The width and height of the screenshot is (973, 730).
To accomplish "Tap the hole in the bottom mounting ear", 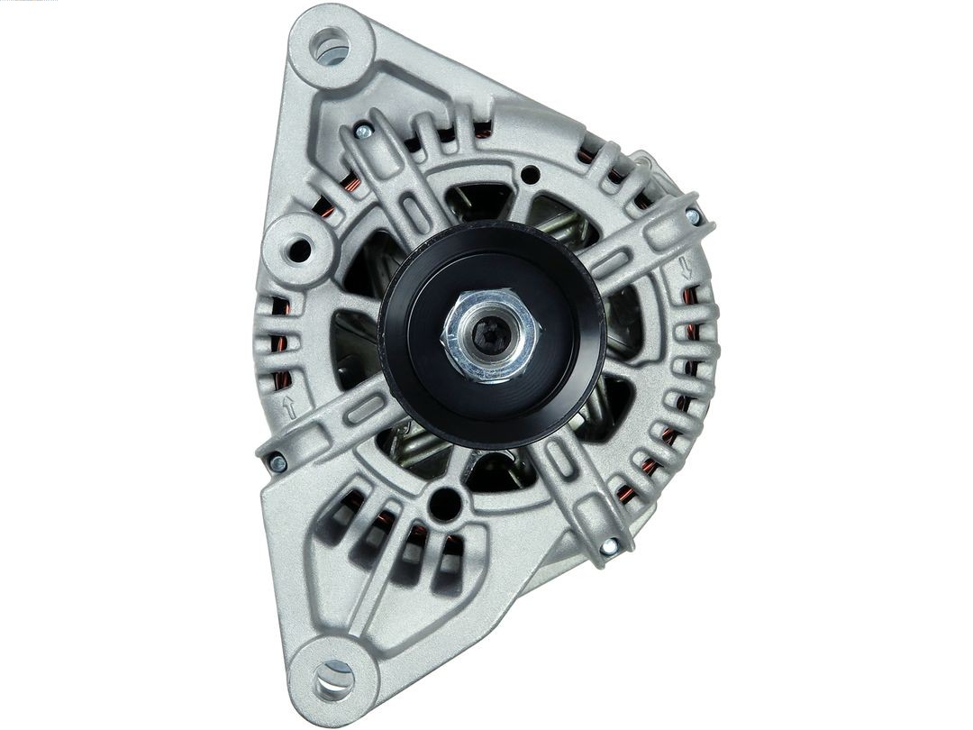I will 334,678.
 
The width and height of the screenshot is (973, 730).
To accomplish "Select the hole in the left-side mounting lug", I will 298,248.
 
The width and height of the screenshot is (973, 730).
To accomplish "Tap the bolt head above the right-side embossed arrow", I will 692,216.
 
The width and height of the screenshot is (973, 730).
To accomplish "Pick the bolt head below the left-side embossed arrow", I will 277,463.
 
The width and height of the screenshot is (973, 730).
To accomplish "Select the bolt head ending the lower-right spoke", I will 610,545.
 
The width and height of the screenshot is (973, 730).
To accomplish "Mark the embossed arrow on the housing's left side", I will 289,406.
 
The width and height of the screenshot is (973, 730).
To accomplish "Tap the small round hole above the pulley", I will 531,174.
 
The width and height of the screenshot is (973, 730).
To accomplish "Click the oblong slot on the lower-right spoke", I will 559,461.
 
